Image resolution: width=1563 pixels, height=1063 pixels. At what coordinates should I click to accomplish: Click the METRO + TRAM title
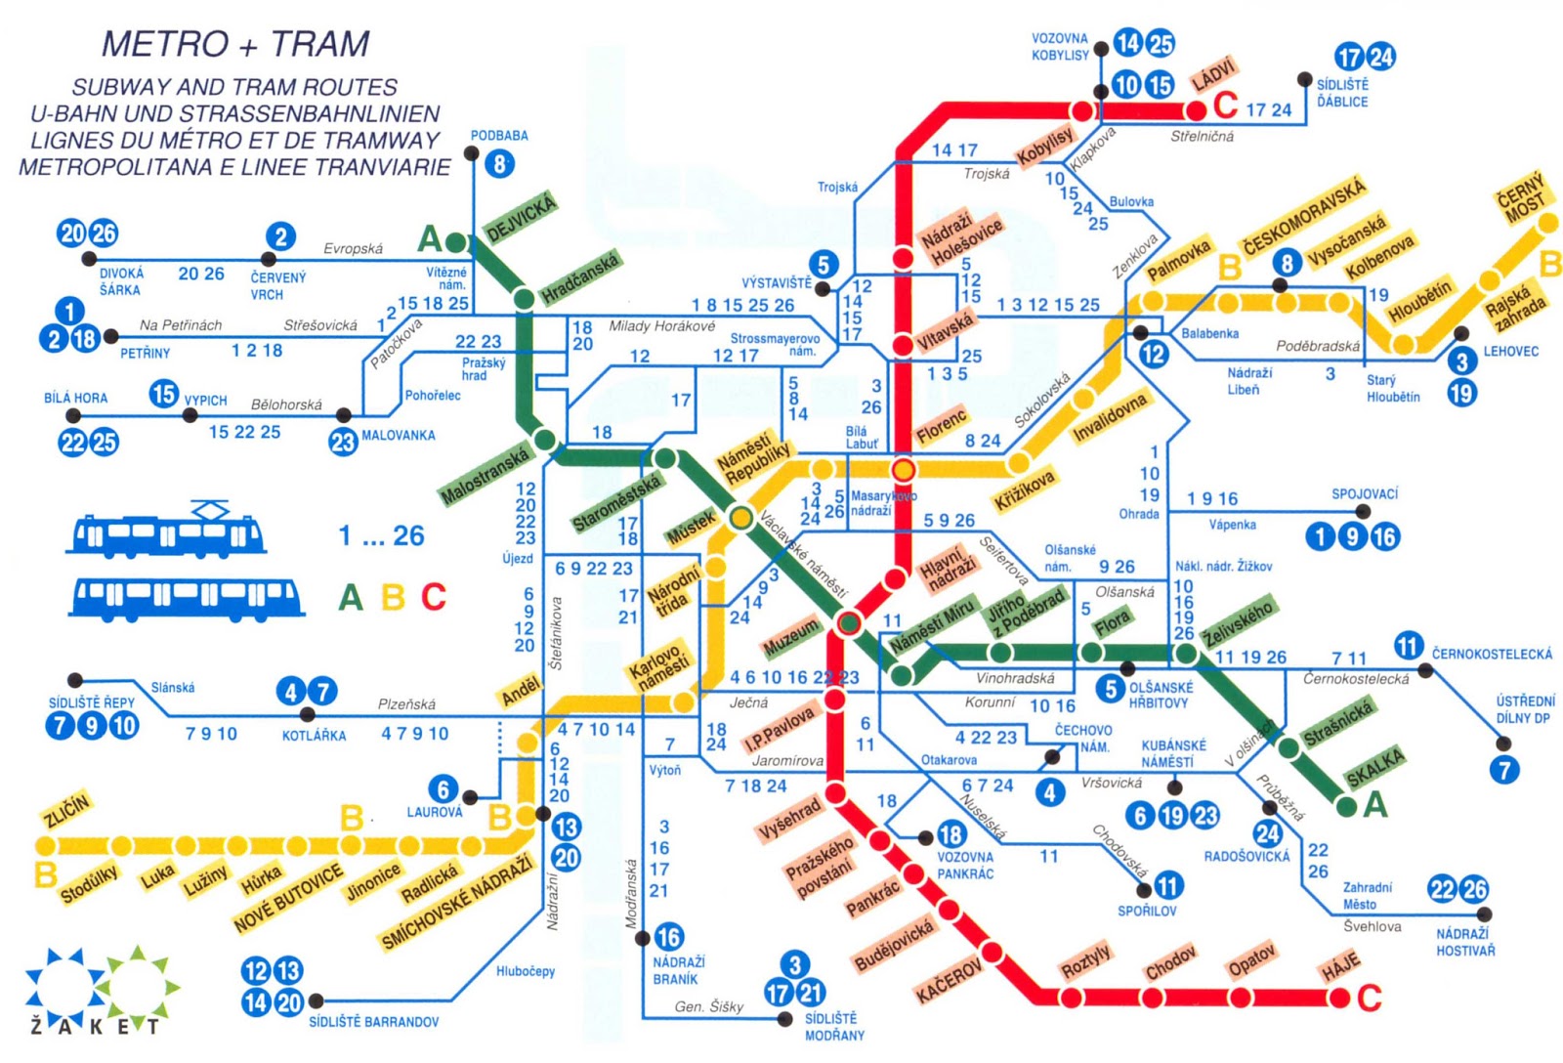[x=235, y=44]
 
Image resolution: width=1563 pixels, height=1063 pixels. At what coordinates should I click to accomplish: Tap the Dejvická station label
[x=521, y=217]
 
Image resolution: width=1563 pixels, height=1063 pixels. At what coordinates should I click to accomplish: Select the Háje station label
[x=1340, y=966]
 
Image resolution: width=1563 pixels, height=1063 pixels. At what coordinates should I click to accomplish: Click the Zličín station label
[x=66, y=810]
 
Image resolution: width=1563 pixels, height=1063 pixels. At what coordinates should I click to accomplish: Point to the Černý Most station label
[x=1522, y=198]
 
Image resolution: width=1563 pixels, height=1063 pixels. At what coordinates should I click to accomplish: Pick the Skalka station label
[x=1374, y=766]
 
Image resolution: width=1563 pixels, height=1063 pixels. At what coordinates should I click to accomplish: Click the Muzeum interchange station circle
[x=849, y=622]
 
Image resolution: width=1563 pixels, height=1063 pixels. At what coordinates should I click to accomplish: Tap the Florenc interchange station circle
[x=904, y=470]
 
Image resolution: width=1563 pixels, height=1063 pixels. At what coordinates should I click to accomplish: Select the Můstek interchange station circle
[x=741, y=517]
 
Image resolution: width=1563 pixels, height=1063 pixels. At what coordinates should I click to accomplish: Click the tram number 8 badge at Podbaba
[x=499, y=163]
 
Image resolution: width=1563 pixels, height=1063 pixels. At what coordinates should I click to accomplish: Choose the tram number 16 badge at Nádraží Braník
[x=668, y=937]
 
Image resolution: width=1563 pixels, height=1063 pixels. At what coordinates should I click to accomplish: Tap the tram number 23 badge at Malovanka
[x=342, y=442]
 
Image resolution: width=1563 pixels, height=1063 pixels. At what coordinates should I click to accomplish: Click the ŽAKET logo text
[x=95, y=1026]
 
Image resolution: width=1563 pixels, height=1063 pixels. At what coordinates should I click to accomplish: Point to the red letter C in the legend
[x=434, y=597]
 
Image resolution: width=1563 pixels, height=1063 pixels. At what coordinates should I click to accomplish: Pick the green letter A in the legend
[x=350, y=597]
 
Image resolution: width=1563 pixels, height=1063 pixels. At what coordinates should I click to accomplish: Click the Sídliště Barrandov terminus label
[x=373, y=1022]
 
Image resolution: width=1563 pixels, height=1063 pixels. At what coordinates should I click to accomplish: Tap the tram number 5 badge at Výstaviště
[x=824, y=264]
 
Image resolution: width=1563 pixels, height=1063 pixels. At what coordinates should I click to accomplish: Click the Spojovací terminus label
[x=1365, y=494]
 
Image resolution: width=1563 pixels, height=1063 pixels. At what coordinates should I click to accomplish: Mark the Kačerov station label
[x=948, y=980]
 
